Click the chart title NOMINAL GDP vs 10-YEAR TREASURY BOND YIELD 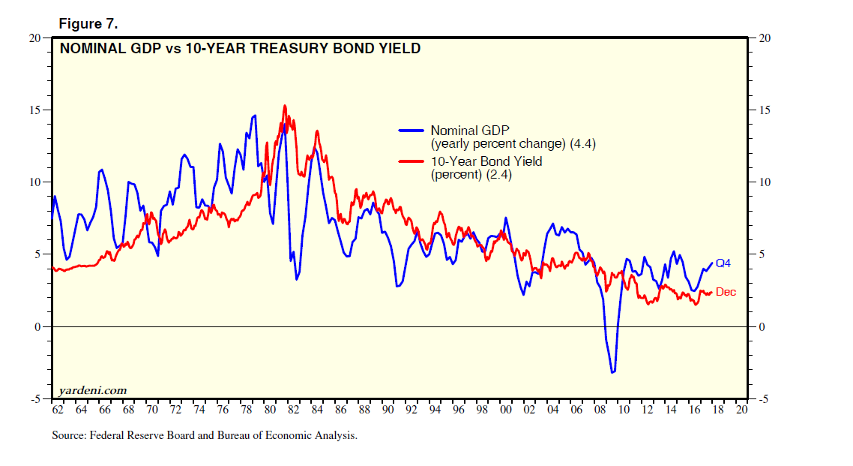coord(240,50)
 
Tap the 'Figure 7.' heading coord(88,25)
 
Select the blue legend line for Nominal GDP coord(412,130)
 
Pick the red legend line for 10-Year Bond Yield coord(412,161)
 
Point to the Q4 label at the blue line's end coord(723,263)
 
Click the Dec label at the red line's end coord(726,292)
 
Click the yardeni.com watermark coord(92,390)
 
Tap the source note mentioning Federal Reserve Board coord(205,435)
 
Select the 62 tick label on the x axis coord(57,410)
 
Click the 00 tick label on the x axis coord(506,410)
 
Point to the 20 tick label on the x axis coord(742,410)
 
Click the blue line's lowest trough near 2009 coord(612,372)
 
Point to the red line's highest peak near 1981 coord(285,106)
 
